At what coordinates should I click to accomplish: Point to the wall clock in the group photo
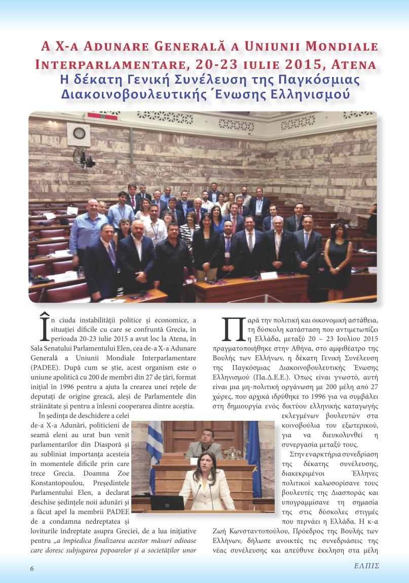(x=79, y=133)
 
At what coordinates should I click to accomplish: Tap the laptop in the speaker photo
(x=167, y=502)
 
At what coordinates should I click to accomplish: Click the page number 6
(x=31, y=568)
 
